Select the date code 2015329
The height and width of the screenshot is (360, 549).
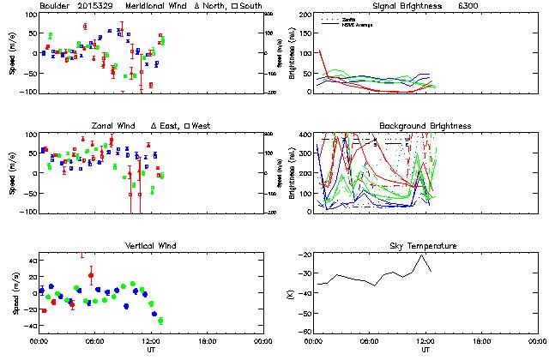pyautogui.click(x=100, y=6)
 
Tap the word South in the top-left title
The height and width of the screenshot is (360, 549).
pyautogui.click(x=251, y=6)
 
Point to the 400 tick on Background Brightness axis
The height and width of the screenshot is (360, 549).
pyautogui.click(x=303, y=135)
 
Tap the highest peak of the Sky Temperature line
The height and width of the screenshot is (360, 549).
pyautogui.click(x=420, y=255)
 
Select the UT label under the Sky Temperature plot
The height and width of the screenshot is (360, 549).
pyautogui.click(x=425, y=349)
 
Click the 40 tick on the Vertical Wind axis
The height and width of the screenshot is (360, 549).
pyautogui.click(x=28, y=257)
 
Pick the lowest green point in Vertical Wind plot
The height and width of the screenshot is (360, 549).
pyautogui.click(x=160, y=321)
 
